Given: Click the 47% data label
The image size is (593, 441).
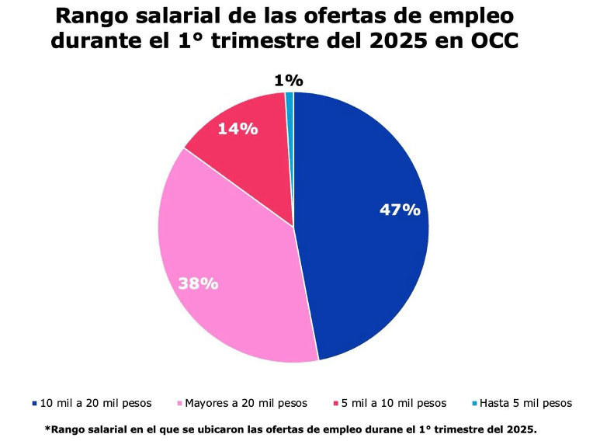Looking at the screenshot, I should (x=400, y=210).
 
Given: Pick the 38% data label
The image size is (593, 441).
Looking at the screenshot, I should (x=198, y=283).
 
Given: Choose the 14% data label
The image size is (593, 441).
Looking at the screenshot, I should (x=238, y=129).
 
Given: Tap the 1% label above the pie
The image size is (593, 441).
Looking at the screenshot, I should (x=288, y=80).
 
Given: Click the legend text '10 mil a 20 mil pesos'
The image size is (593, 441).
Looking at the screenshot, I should (x=95, y=403).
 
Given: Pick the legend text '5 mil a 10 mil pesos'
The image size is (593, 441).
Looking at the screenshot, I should (x=395, y=403).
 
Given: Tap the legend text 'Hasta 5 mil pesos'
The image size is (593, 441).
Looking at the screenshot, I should (x=525, y=403).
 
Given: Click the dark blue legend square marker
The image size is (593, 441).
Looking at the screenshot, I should (x=34, y=404).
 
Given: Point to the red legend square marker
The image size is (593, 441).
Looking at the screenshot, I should (x=335, y=404).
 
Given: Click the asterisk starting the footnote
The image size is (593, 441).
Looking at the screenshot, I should (x=47, y=428).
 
